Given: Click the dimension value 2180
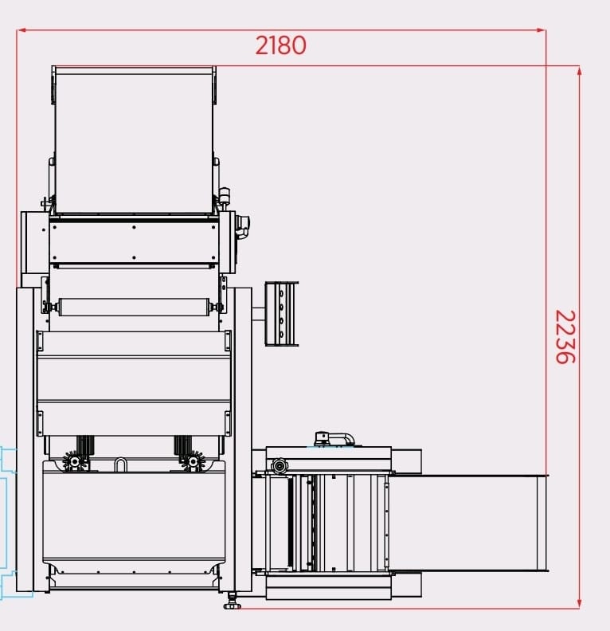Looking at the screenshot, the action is pyautogui.click(x=280, y=45).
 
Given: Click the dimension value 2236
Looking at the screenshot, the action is pyautogui.click(x=565, y=336).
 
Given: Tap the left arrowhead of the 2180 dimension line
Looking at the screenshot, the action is pyautogui.click(x=22, y=30).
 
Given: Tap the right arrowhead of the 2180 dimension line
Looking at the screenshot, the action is pyautogui.click(x=542, y=30).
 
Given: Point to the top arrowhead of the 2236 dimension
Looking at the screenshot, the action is pyautogui.click(x=579, y=71).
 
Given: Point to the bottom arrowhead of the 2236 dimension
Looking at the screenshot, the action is pyautogui.click(x=579, y=603).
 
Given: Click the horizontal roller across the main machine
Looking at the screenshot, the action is pyautogui.click(x=134, y=307).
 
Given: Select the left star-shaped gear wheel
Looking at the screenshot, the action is pyautogui.click(x=75, y=461).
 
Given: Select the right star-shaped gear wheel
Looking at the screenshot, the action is pyautogui.click(x=194, y=461).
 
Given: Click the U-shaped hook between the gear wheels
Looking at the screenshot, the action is pyautogui.click(x=120, y=464).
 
